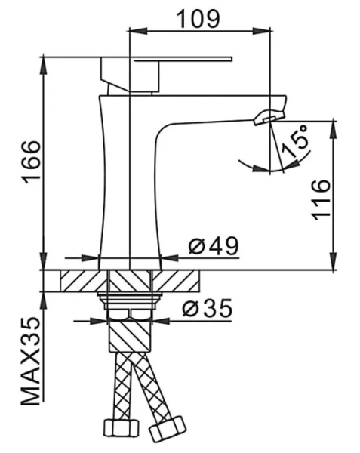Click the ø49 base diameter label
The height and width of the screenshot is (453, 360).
pyautogui.click(x=214, y=245)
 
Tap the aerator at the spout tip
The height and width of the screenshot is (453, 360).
pyautogui.click(x=268, y=116)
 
